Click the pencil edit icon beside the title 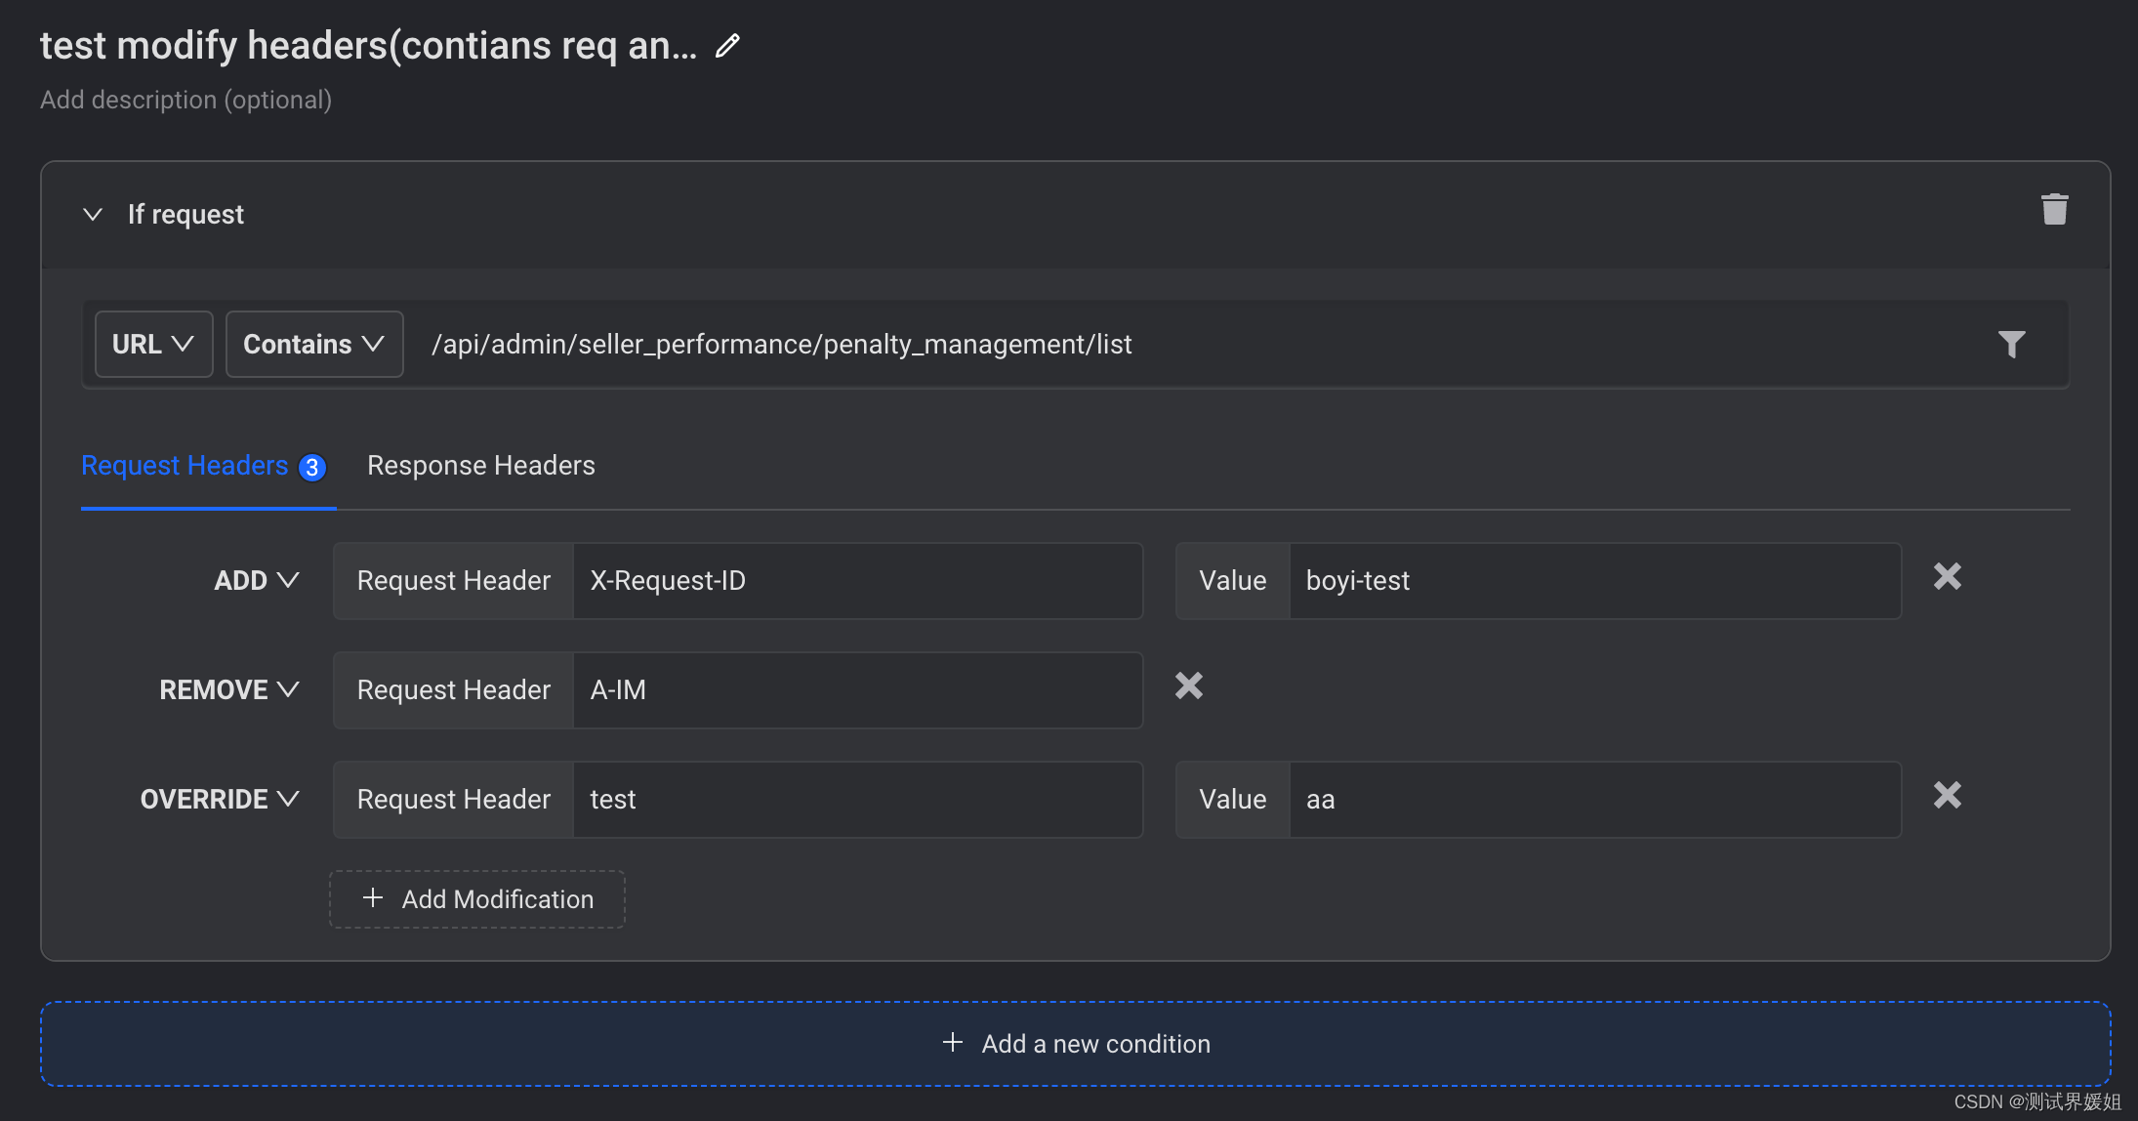(x=727, y=46)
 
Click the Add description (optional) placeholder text (x=185, y=100)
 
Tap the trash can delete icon (x=2054, y=210)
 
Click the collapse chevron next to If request (x=93, y=214)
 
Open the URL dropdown (x=153, y=344)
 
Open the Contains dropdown (x=313, y=344)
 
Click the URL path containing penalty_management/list (x=781, y=344)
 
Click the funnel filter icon (x=2011, y=344)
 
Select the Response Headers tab (x=480, y=466)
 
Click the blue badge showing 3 (x=312, y=468)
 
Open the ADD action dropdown (x=256, y=581)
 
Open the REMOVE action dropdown (x=228, y=690)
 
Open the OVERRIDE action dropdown (x=219, y=800)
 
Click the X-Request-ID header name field (x=856, y=581)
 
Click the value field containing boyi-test (x=1593, y=581)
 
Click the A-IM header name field (x=856, y=690)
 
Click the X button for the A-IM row (x=1188, y=685)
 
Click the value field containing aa (x=1593, y=800)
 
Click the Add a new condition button (x=1075, y=1044)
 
